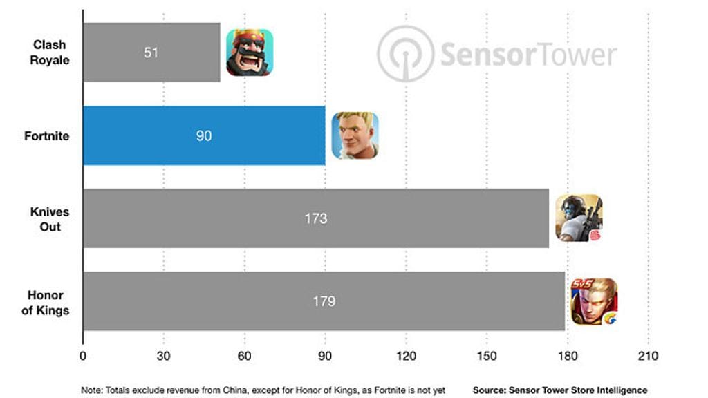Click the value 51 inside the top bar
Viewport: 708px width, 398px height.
pos(151,53)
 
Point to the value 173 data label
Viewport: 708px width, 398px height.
pos(315,218)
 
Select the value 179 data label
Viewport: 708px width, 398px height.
pos(324,301)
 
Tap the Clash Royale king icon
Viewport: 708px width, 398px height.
pos(250,53)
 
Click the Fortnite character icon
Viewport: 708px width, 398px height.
pos(355,135)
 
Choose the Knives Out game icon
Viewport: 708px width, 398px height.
pos(579,218)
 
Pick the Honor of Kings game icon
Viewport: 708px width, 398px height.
pos(594,301)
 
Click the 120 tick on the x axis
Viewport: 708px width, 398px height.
pos(406,357)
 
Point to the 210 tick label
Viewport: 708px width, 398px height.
pos(648,357)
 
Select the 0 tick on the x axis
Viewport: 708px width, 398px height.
pos(83,357)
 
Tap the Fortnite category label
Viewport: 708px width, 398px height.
pos(47,136)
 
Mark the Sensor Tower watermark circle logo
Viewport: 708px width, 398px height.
pos(405,54)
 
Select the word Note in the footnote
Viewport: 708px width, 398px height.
pos(91,390)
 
